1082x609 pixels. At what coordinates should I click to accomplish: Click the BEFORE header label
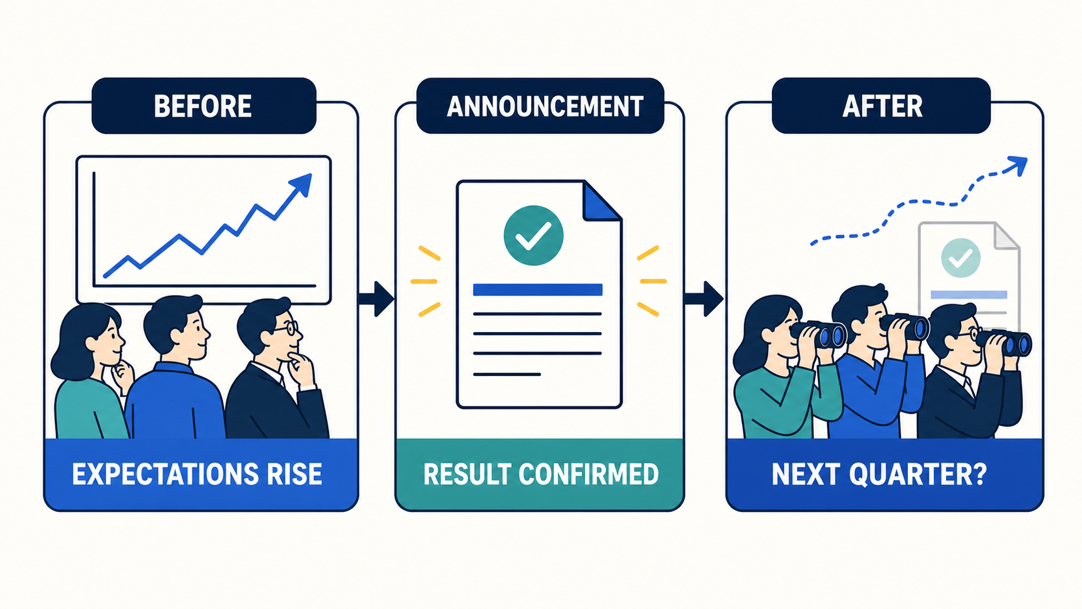click(203, 106)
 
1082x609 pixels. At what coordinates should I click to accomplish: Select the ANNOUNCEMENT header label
click(545, 106)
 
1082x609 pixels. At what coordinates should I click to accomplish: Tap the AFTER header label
click(883, 106)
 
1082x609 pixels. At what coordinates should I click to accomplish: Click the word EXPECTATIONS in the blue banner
click(164, 474)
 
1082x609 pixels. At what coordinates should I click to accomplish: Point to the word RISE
click(294, 474)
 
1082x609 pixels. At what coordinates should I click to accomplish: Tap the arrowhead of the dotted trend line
click(1016, 166)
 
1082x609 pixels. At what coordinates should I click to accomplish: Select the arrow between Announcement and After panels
click(704, 299)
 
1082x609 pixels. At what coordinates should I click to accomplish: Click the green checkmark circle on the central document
click(533, 235)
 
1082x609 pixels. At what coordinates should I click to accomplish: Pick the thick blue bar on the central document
click(538, 290)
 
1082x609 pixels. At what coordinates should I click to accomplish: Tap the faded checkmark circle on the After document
click(961, 258)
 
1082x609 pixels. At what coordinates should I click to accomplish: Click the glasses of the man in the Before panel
click(287, 328)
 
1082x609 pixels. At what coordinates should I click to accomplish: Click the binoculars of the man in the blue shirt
click(905, 326)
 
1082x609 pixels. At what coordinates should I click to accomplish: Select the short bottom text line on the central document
click(507, 374)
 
